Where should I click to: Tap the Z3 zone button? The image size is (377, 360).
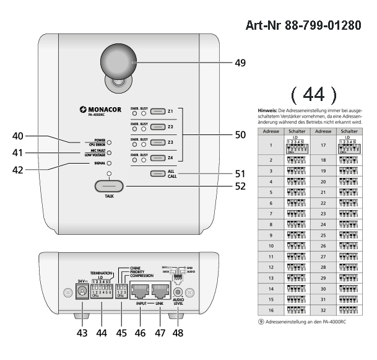(x=159, y=142)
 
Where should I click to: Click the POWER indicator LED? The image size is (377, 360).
(x=109, y=142)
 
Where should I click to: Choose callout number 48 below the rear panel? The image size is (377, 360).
(x=178, y=333)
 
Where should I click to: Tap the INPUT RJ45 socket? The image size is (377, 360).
(x=139, y=293)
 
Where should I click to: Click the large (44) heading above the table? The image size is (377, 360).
(x=313, y=94)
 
